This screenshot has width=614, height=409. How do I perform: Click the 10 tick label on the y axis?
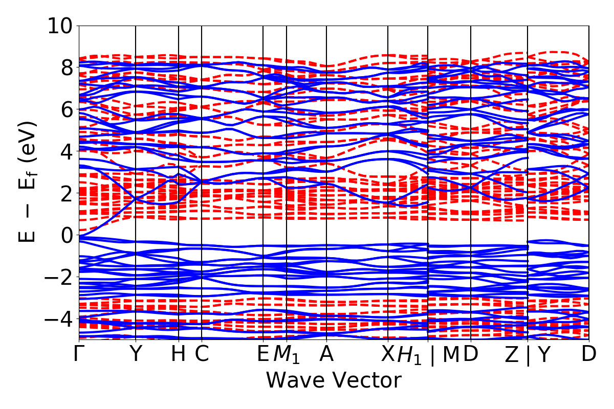click(x=60, y=26)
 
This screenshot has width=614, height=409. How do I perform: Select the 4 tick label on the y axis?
click(x=67, y=151)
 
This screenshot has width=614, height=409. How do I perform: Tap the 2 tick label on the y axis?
click(x=67, y=193)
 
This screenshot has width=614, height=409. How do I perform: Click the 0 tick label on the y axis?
click(x=67, y=235)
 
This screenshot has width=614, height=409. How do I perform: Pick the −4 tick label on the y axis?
click(x=60, y=319)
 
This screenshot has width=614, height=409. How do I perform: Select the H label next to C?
click(x=179, y=354)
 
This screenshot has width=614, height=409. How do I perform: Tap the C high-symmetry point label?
click(x=202, y=354)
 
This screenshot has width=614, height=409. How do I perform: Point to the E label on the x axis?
click(x=263, y=354)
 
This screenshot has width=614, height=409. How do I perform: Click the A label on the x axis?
click(x=326, y=354)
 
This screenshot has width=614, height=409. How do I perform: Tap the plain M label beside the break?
click(x=451, y=354)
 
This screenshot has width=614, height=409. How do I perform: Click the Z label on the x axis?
click(x=512, y=354)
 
